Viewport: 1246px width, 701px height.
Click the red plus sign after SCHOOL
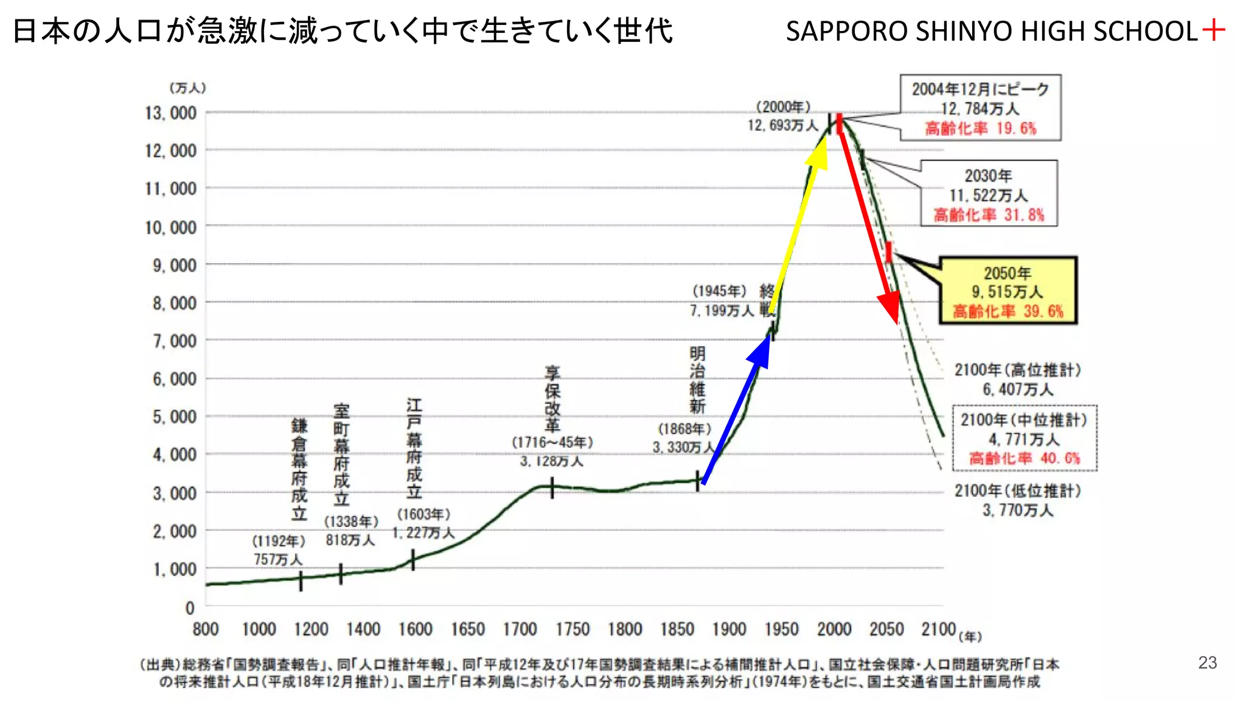1213,30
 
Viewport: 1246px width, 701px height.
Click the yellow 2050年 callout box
1008,291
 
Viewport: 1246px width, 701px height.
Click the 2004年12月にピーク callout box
980,108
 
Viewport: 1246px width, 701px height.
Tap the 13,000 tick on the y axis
170,113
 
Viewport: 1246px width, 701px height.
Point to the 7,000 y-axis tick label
174,341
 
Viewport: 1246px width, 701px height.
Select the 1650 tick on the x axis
467,629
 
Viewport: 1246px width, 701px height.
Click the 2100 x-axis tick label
938,629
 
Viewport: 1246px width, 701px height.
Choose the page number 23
1207,663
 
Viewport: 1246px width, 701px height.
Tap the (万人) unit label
187,88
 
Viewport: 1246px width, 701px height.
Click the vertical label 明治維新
697,380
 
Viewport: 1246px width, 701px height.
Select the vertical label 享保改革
552,399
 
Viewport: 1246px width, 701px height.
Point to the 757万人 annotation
277,559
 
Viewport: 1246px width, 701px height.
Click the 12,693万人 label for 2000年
783,125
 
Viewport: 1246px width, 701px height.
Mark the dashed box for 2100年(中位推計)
1025,438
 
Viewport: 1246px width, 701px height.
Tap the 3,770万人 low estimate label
1017,510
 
